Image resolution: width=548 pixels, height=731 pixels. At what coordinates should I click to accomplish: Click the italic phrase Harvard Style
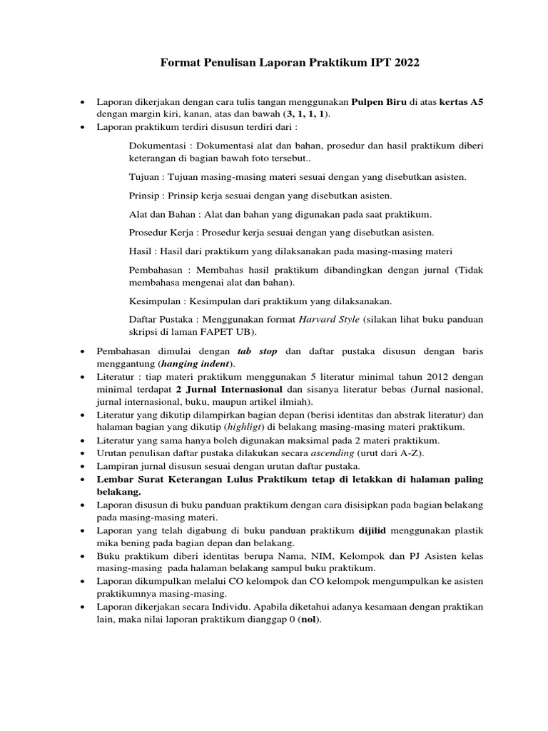330,320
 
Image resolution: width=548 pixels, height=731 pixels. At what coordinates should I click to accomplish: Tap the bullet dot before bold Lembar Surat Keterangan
83,479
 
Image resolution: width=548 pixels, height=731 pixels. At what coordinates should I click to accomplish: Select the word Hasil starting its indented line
141,251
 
